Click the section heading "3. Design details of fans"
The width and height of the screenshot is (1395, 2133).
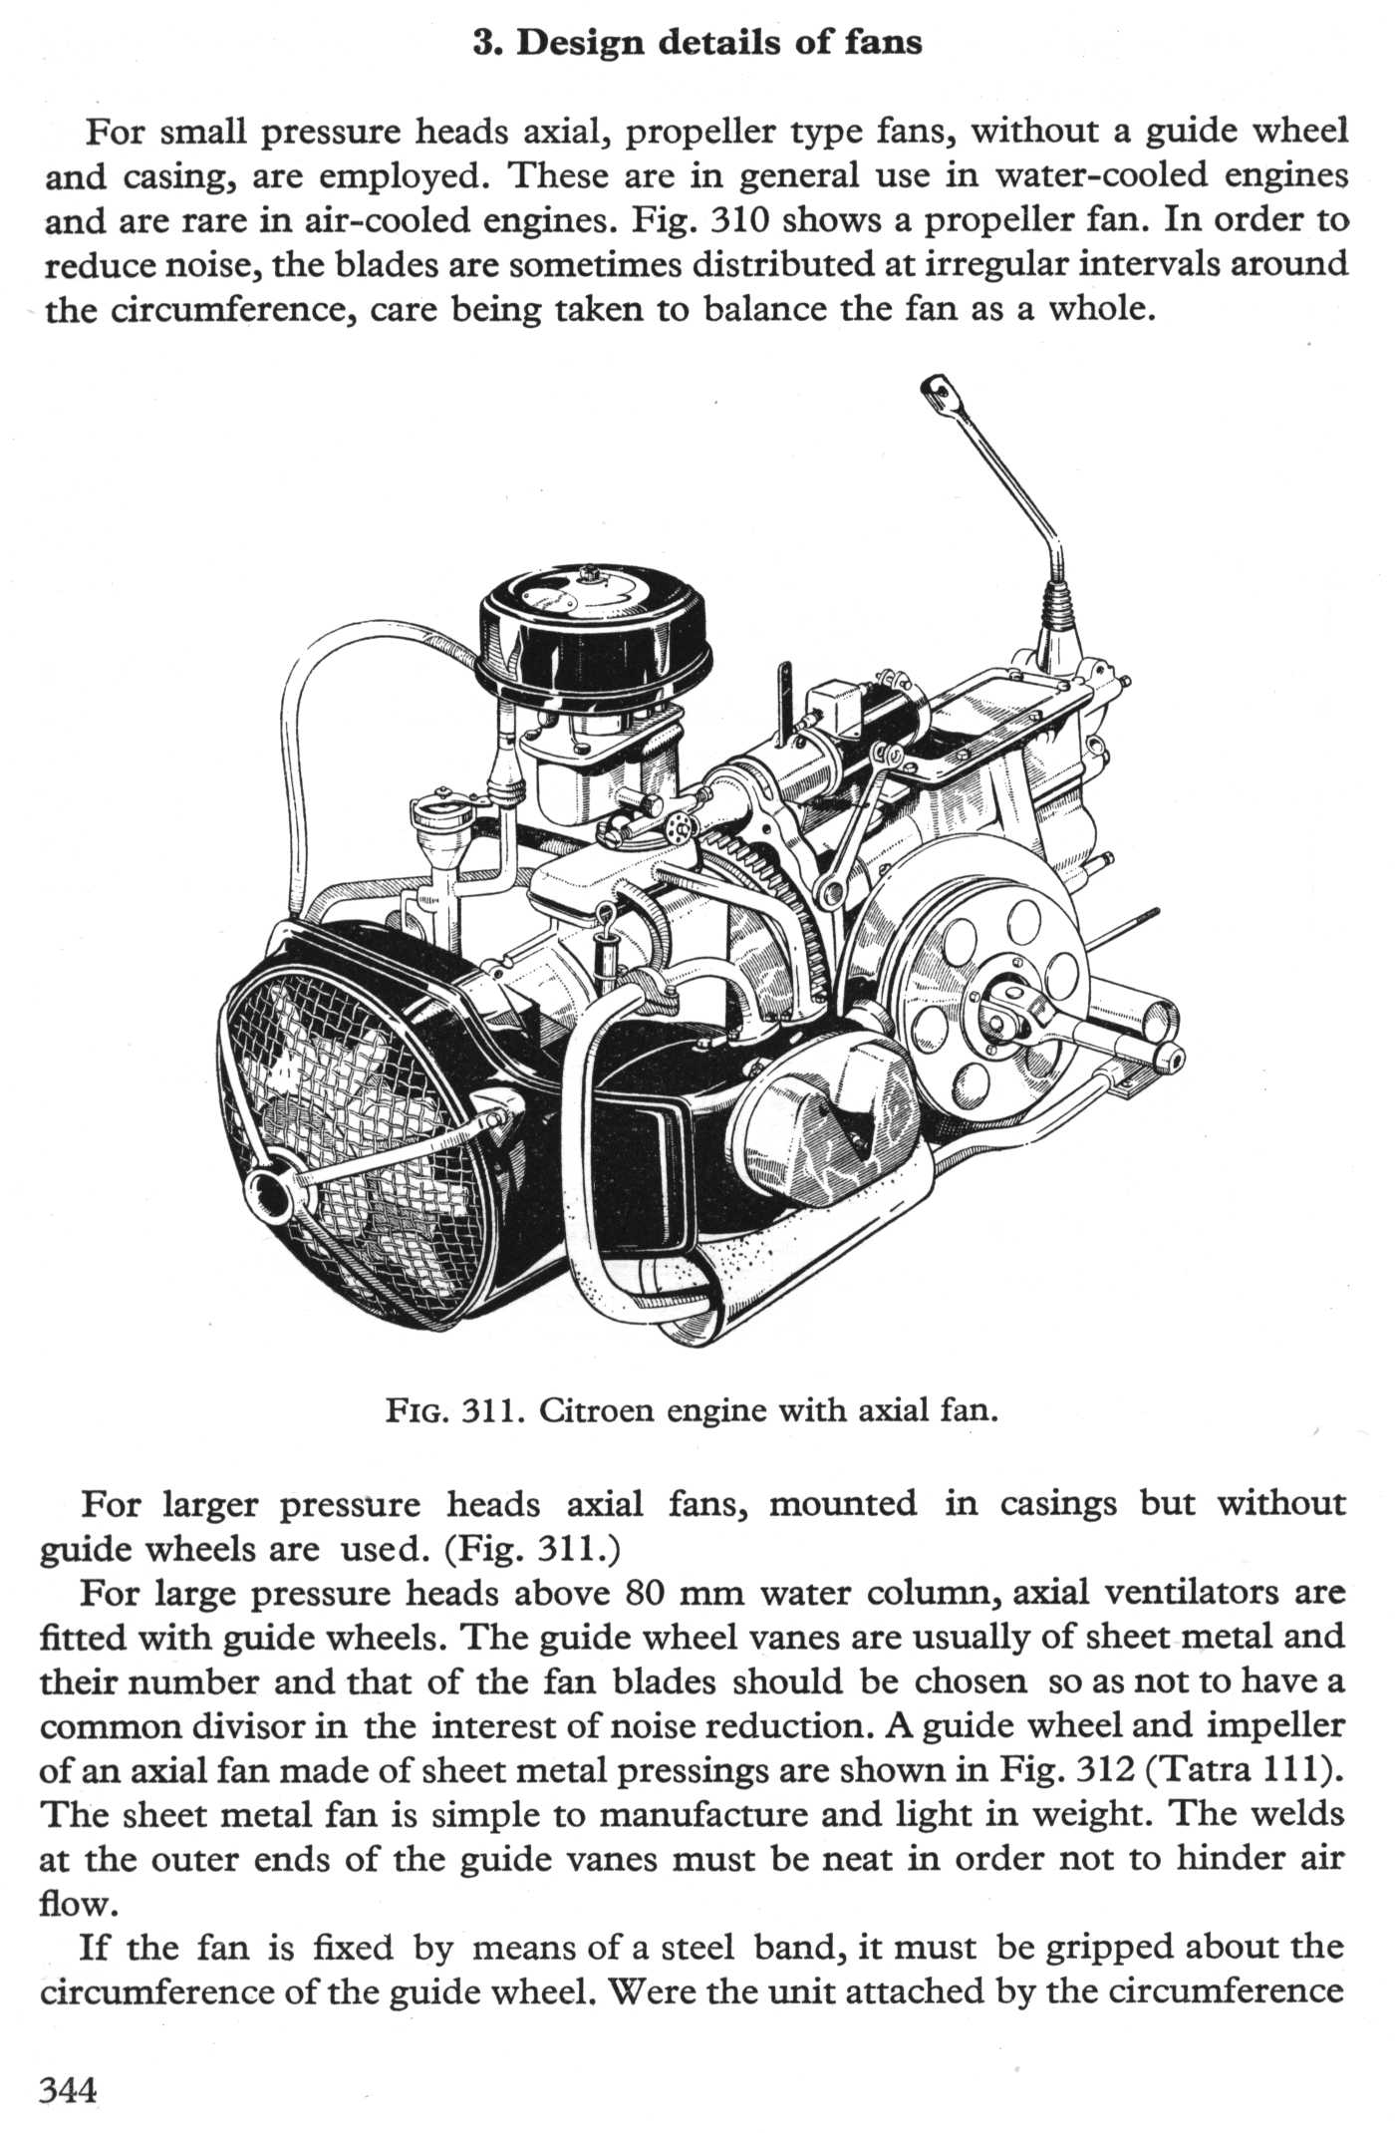point(697,43)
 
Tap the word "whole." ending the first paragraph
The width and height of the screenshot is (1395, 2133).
point(1101,310)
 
